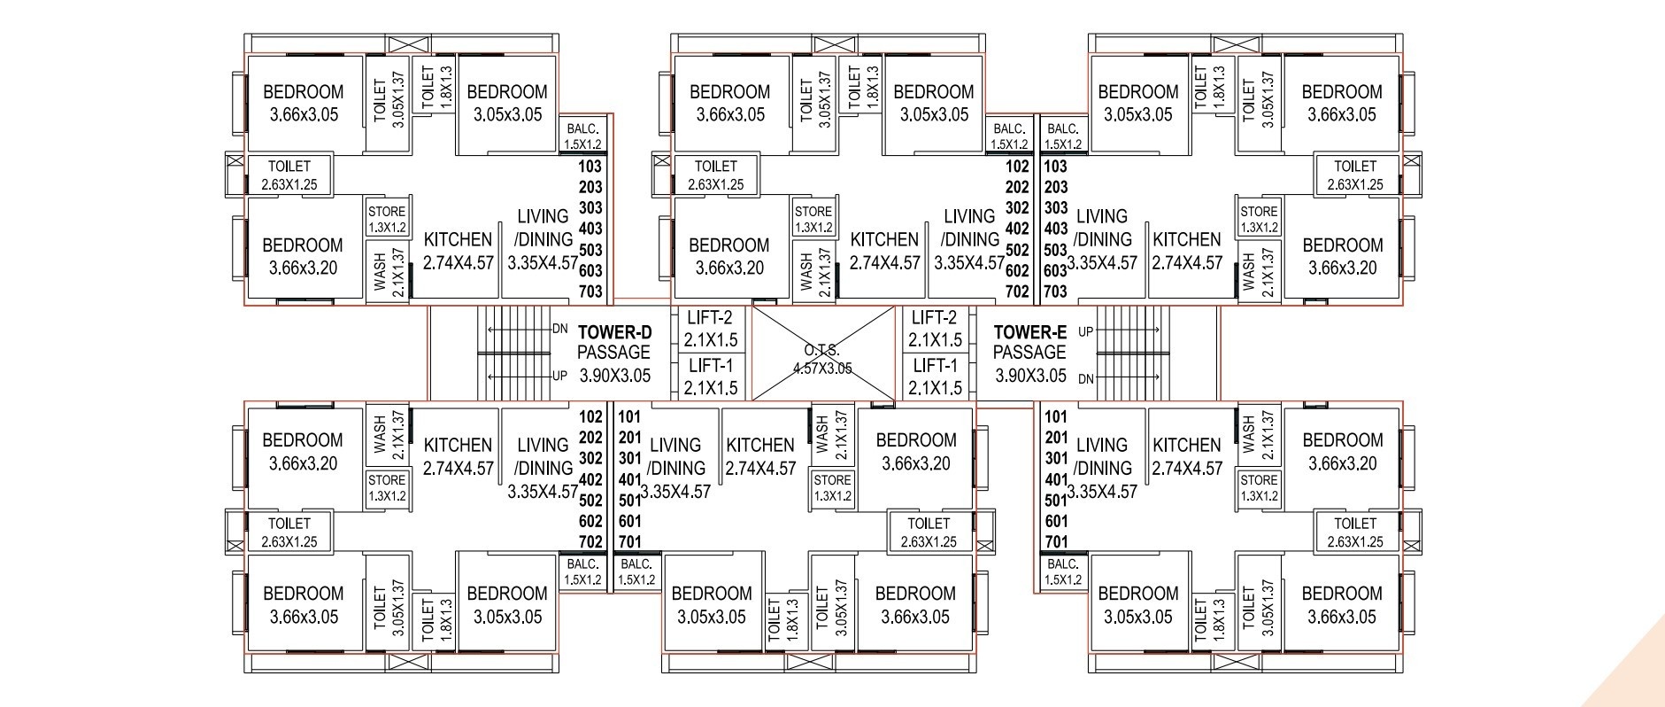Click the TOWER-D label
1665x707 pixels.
(614, 332)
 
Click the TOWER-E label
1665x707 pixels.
(1029, 332)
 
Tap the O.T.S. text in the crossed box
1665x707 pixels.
(822, 350)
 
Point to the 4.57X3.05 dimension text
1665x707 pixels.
(822, 368)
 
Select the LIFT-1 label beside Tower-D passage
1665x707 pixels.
(711, 365)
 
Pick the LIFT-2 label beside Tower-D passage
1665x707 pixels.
(711, 318)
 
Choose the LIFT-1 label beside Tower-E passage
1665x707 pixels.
(935, 365)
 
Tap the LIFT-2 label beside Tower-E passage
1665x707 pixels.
(935, 318)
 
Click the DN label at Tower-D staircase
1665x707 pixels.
(559, 329)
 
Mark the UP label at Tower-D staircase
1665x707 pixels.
(559, 376)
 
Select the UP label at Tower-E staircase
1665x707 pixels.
(1085, 331)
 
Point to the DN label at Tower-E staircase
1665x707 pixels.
(1085, 378)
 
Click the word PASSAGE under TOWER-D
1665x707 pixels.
(614, 353)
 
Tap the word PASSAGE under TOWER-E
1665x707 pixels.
(1029, 353)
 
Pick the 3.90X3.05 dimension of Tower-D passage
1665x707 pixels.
(614, 375)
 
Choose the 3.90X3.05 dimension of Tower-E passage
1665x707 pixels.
(1029, 375)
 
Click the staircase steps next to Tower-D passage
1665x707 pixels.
(514, 353)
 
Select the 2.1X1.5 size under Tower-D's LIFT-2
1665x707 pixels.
(711, 340)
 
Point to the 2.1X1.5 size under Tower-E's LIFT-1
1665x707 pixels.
(935, 387)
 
